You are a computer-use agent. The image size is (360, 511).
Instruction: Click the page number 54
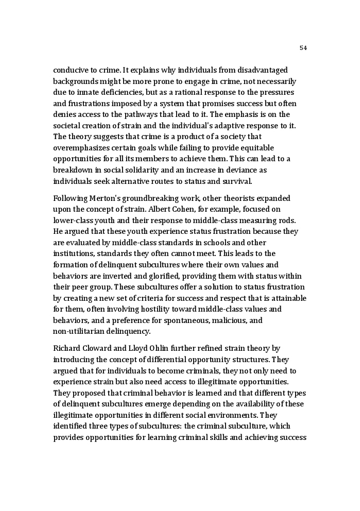(x=303, y=48)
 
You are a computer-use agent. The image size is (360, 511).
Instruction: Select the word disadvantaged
(x=261, y=70)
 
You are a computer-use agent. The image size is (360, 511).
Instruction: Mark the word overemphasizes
(x=80, y=148)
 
